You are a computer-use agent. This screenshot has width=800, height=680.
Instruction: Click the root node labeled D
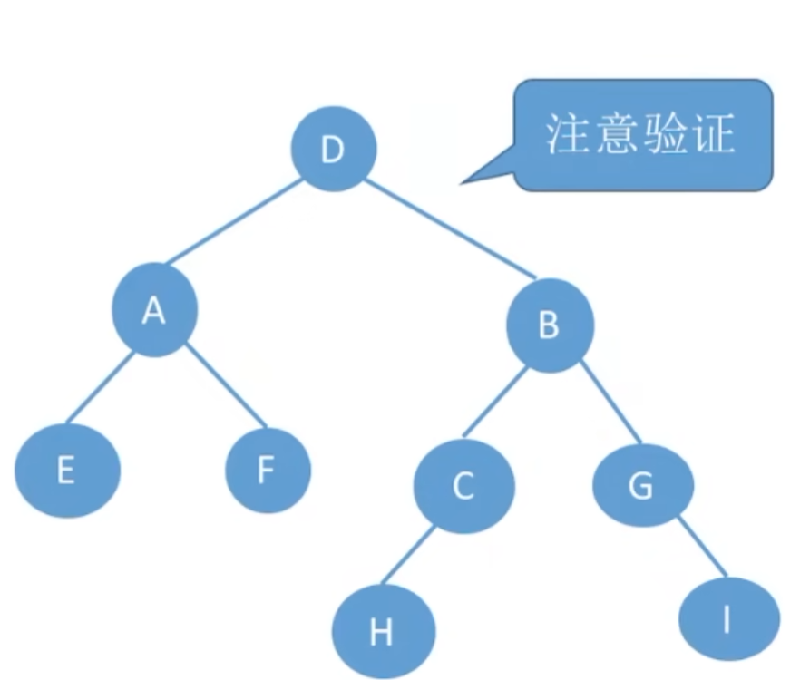(334, 149)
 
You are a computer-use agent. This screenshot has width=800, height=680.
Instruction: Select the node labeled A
(154, 311)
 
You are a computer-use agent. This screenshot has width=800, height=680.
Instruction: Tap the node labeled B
(549, 325)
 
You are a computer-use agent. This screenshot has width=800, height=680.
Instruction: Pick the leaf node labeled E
(67, 471)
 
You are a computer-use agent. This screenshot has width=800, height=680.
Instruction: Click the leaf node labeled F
(268, 471)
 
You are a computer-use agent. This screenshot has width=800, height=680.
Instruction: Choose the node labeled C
(463, 487)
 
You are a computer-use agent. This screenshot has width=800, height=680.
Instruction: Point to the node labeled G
(642, 486)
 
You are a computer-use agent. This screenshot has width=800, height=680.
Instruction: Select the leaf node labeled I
(728, 620)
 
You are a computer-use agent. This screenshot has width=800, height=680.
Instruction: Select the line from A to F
(227, 384)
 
